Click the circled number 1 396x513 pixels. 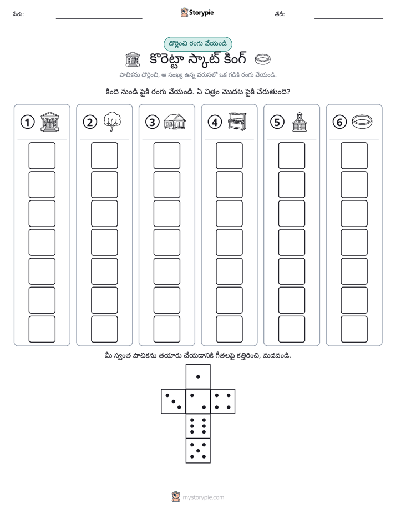coord(27,122)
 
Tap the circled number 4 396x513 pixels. coord(215,122)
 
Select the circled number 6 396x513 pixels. coord(339,122)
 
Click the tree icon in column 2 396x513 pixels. coord(112,122)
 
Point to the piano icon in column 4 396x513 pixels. coord(237,122)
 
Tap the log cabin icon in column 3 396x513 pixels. coord(175,122)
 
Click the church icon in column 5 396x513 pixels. coord(299,122)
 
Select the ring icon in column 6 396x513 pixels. coord(362,122)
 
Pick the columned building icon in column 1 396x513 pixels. coord(50,122)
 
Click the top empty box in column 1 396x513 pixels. coord(42,155)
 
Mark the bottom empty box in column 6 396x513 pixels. coord(354,329)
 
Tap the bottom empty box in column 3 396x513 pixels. coord(166,329)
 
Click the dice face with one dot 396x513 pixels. coord(198,376)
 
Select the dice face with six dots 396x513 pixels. coord(198,426)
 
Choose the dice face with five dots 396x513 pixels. coord(198,451)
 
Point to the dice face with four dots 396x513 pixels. coord(223,401)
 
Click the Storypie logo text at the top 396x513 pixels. coord(201,13)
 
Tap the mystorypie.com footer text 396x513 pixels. coord(203,497)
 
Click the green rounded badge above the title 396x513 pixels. coord(197,44)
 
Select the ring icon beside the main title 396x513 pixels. coord(263,59)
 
